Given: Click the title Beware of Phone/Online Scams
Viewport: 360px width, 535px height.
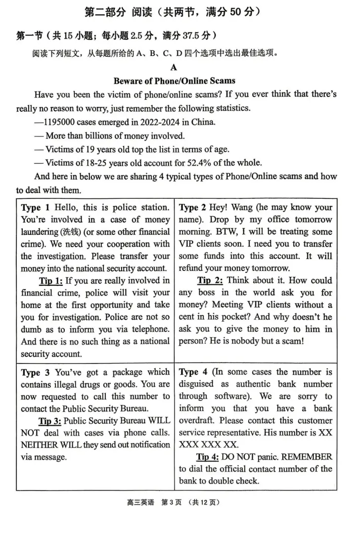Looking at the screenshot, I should click(174, 81).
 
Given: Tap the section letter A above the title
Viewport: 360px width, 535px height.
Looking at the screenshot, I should click(174, 68).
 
